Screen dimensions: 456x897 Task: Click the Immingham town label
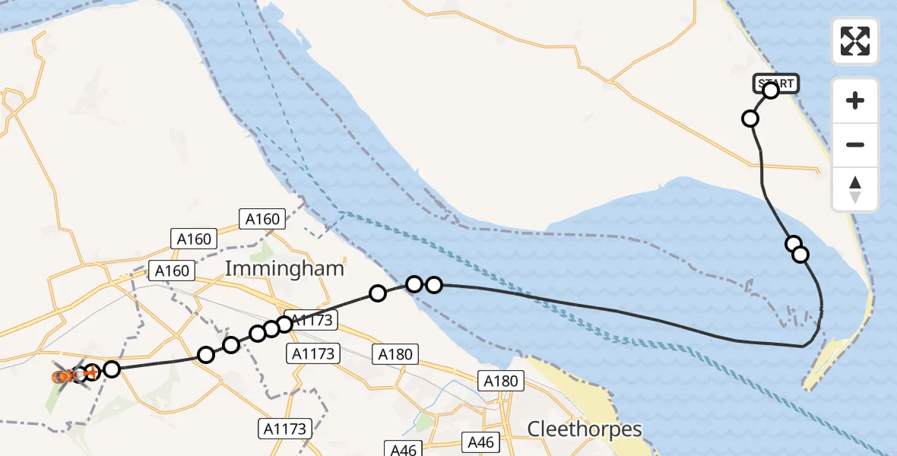click(284, 268)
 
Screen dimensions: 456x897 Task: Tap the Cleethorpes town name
click(585, 429)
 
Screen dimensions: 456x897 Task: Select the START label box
click(776, 82)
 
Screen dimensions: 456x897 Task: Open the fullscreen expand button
click(855, 41)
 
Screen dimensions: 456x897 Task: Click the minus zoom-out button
click(855, 144)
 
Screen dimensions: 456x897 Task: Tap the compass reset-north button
click(855, 189)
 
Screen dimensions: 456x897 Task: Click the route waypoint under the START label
click(771, 90)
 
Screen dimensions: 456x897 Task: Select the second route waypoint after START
click(750, 118)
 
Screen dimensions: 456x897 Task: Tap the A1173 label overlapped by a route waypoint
click(309, 321)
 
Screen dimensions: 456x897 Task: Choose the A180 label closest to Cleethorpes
click(500, 382)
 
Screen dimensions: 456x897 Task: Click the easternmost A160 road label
click(263, 220)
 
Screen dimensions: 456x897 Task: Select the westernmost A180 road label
click(395, 353)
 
